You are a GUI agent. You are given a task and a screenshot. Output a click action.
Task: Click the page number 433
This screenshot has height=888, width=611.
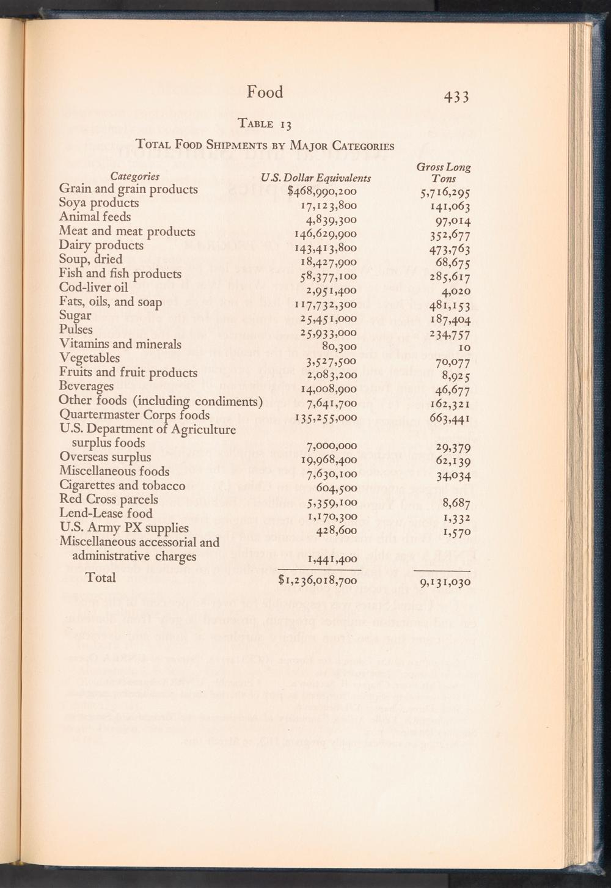pyautogui.click(x=453, y=97)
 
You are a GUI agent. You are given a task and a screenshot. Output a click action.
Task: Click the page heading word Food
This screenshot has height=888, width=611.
pyautogui.click(x=265, y=92)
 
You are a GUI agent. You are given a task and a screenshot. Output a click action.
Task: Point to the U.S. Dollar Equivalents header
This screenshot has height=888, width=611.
pyautogui.click(x=316, y=178)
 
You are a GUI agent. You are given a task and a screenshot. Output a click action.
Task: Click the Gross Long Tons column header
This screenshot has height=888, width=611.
pyautogui.click(x=444, y=172)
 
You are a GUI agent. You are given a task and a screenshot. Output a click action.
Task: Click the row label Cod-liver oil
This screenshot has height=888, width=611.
pyautogui.click(x=93, y=287)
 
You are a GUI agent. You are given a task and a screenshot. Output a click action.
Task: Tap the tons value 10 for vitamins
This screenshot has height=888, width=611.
pyautogui.click(x=464, y=347)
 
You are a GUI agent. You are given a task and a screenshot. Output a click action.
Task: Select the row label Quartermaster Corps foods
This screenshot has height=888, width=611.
pyautogui.click(x=134, y=415)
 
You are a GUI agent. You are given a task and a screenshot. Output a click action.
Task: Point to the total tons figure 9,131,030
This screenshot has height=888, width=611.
pyautogui.click(x=445, y=582)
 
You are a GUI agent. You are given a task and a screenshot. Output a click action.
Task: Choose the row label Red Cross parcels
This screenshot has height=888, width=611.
pyautogui.click(x=109, y=499)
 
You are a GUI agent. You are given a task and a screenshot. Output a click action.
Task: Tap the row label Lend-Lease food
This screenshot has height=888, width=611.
pyautogui.click(x=106, y=513)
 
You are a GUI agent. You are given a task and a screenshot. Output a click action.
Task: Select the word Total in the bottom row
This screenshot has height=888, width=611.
pyautogui.click(x=101, y=578)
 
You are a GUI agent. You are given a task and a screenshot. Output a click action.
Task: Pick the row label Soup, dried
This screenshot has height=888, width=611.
pyautogui.click(x=90, y=259)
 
